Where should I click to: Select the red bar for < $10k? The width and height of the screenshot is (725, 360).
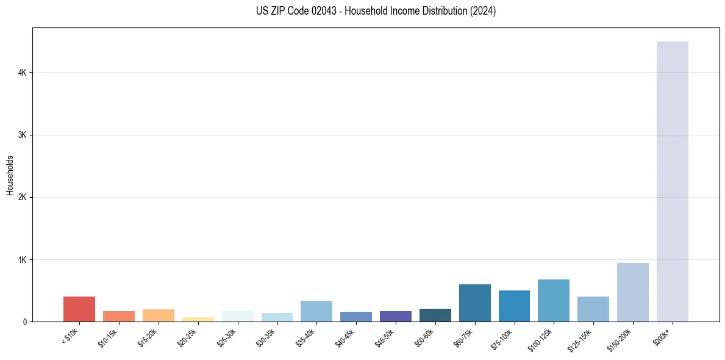point(79,309)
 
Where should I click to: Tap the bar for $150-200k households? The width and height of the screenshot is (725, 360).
point(632,292)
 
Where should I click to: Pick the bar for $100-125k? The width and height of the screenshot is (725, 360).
point(553,300)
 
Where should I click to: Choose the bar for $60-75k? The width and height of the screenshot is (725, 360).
point(474,303)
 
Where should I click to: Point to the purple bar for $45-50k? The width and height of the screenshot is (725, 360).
point(395,316)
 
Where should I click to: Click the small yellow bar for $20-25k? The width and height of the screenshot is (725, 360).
point(198,319)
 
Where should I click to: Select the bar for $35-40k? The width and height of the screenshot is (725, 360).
point(316,311)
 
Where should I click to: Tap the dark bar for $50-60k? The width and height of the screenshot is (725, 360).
point(435,315)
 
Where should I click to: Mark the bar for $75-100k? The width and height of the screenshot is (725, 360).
point(514,306)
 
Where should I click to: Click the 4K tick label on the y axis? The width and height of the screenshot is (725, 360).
point(23,73)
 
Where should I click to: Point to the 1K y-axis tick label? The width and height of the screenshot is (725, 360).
point(23,260)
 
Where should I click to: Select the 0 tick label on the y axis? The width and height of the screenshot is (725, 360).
point(25,322)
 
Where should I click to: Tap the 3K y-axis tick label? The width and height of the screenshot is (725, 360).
point(23,135)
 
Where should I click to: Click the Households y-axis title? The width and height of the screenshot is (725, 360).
point(10,175)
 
